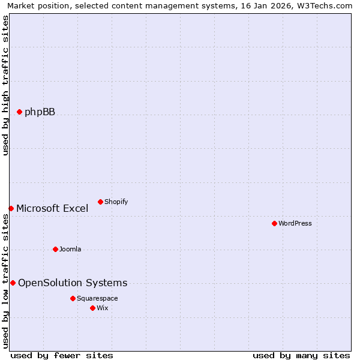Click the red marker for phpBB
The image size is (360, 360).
click(x=19, y=112)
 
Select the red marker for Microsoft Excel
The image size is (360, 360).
click(x=11, y=208)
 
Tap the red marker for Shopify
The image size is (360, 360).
click(x=100, y=202)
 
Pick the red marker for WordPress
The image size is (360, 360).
click(x=274, y=223)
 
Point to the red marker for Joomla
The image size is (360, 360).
click(x=55, y=249)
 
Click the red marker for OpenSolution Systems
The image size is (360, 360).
click(x=13, y=283)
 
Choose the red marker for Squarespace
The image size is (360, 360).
click(x=73, y=298)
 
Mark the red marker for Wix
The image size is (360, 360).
click(x=92, y=308)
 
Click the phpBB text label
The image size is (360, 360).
click(x=40, y=112)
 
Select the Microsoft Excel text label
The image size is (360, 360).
click(x=52, y=209)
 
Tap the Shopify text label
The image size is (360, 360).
click(x=116, y=202)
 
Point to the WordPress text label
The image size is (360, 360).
click(x=295, y=223)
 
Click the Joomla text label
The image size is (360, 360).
click(x=70, y=250)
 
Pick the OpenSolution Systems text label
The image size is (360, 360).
click(x=73, y=283)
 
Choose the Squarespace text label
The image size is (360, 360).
click(x=97, y=299)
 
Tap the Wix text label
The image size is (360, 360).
click(x=103, y=308)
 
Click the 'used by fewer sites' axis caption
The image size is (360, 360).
click(x=62, y=355)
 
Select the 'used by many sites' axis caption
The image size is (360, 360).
click(x=301, y=355)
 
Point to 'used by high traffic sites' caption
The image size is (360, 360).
click(x=5, y=85)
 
